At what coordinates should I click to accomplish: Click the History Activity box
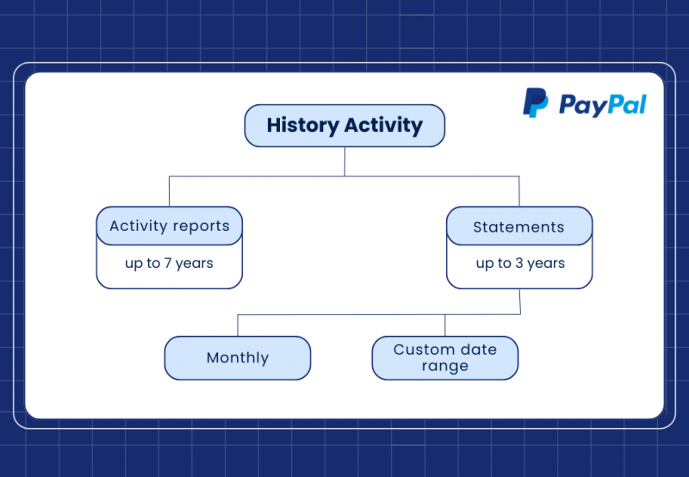click(344, 126)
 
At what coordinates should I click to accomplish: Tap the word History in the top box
click(302, 126)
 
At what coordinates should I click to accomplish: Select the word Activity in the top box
click(383, 126)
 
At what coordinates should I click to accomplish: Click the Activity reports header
click(170, 226)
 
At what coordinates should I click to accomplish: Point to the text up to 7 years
click(170, 263)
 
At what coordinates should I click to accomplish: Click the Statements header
click(518, 227)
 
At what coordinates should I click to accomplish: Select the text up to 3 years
click(520, 263)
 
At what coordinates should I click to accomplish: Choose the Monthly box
click(238, 358)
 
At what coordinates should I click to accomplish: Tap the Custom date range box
click(445, 357)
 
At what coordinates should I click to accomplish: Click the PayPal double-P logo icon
click(535, 103)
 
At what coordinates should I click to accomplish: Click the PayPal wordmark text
click(602, 105)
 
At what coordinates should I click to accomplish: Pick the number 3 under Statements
click(519, 263)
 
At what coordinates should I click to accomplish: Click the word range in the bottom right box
click(445, 366)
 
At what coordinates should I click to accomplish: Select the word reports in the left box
click(202, 227)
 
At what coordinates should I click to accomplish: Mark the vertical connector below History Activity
click(344, 161)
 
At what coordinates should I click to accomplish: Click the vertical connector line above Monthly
click(238, 325)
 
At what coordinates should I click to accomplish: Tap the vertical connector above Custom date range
click(445, 325)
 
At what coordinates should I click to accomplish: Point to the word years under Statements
click(546, 263)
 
